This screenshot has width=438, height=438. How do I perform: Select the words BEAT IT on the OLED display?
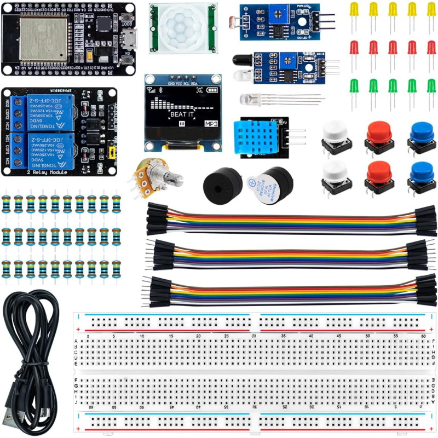click(182, 114)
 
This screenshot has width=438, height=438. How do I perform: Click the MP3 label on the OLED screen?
click(211, 124)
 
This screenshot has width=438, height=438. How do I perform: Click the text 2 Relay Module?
click(47, 172)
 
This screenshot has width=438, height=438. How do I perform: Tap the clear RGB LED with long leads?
click(248, 100)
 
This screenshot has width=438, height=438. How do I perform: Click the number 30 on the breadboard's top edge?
click(253, 336)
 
